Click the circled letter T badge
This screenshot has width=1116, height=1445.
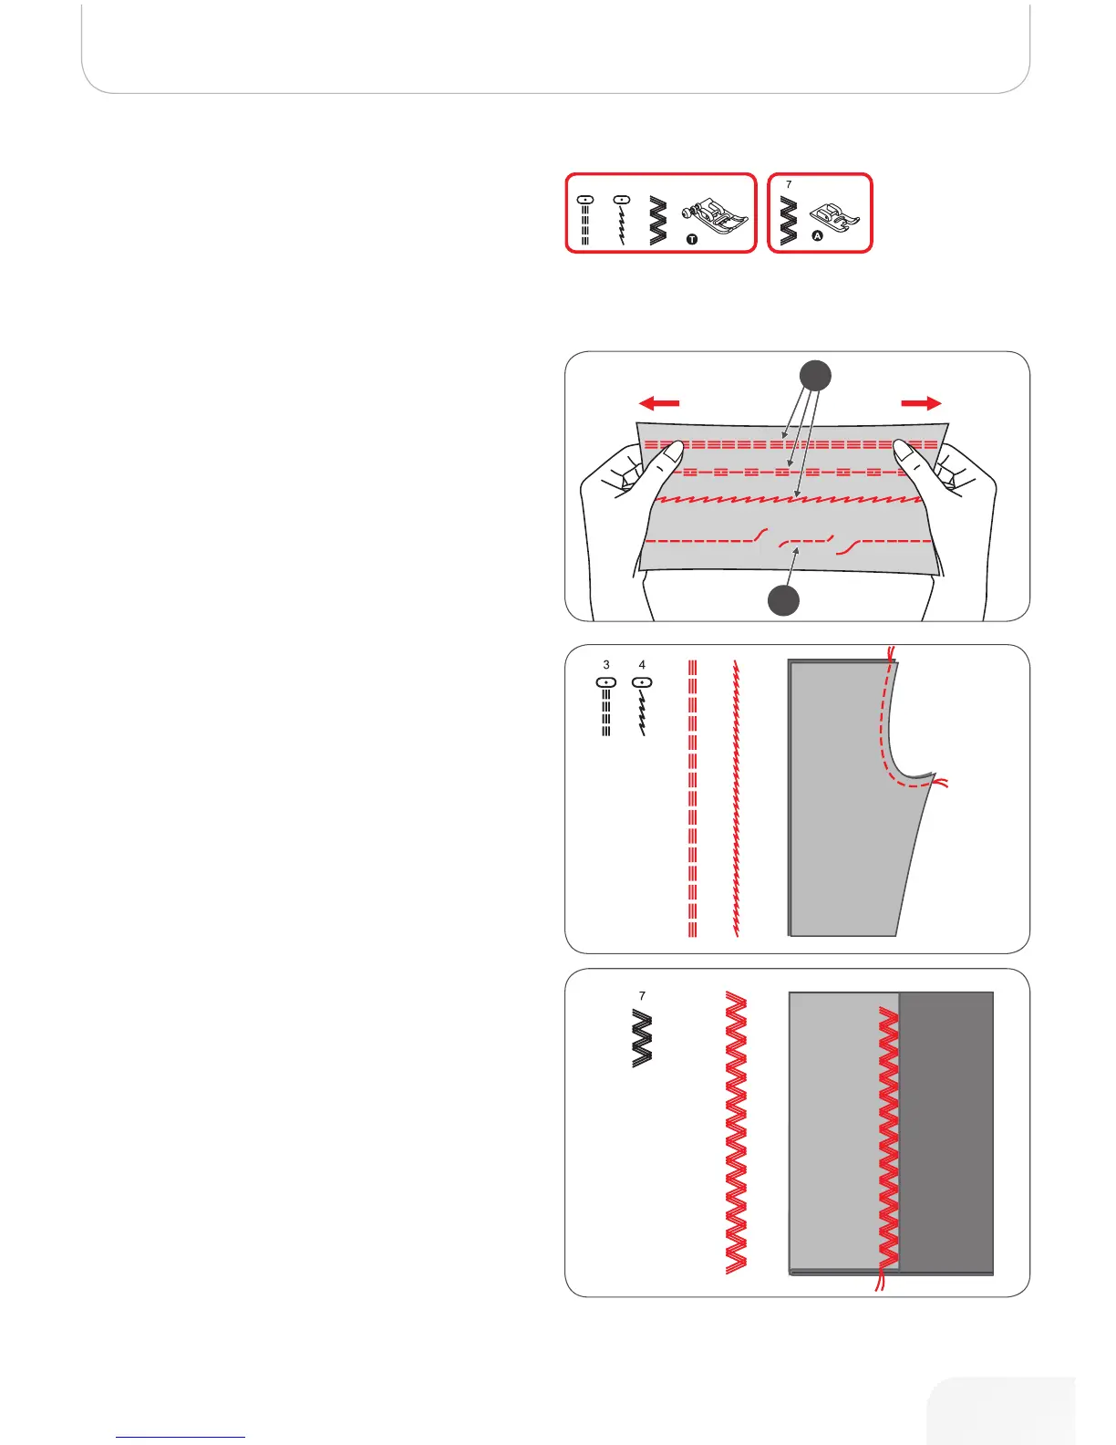(x=692, y=240)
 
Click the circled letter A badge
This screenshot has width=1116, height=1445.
(x=817, y=235)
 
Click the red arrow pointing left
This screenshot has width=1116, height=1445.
(x=658, y=402)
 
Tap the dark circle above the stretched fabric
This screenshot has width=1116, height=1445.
(x=816, y=376)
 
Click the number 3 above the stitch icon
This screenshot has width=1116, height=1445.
(x=606, y=665)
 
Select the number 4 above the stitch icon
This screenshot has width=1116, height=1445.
(x=642, y=665)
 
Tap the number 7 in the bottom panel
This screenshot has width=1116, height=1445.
(x=642, y=996)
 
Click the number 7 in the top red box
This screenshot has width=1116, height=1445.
(x=789, y=184)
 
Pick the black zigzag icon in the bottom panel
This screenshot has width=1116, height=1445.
(x=642, y=1038)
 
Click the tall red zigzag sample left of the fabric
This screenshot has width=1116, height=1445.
(x=736, y=1132)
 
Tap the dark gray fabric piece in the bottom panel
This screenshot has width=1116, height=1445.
(x=946, y=1131)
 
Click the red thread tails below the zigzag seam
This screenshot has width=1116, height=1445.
(x=881, y=1282)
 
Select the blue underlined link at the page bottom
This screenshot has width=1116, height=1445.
(x=181, y=1437)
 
